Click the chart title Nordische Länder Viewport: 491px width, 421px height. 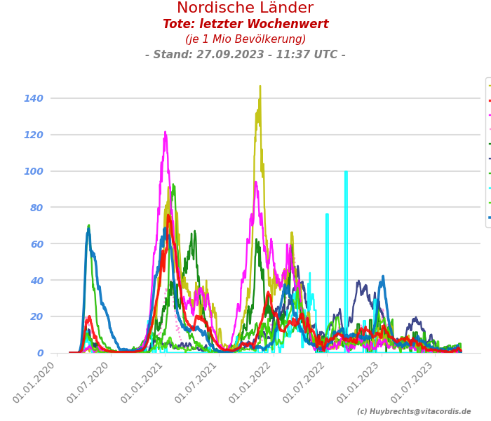pos(245,8)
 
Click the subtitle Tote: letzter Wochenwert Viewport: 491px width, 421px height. pos(245,25)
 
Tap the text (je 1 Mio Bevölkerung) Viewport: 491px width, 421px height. pos(245,39)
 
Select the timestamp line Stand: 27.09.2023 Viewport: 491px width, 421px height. pos(245,55)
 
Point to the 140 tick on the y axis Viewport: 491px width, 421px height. pos(34,98)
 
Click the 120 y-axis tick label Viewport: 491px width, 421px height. pos(34,135)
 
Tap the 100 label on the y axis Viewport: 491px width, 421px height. pos(34,171)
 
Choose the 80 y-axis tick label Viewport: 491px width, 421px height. pos(36,208)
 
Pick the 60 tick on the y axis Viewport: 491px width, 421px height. pos(36,244)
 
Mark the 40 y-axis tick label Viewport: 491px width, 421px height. pos(36,281)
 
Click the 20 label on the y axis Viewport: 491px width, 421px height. pos(36,316)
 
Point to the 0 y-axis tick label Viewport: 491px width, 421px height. pos(40,353)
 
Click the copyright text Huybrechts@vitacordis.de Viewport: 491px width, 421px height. pos(414,412)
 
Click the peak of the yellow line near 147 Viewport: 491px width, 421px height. pos(260,86)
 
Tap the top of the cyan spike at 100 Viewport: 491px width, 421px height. pos(346,171)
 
